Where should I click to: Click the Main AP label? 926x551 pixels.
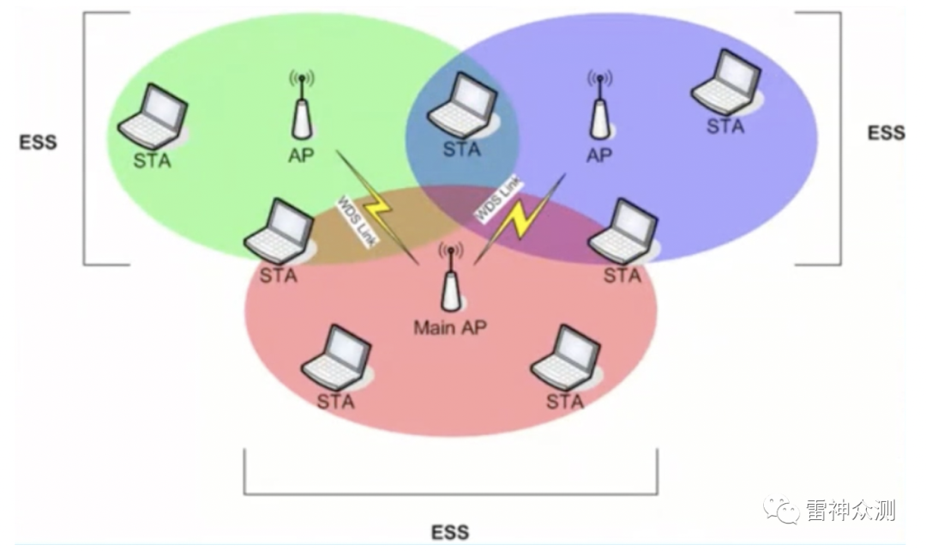point(448,327)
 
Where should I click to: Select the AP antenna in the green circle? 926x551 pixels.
point(300,108)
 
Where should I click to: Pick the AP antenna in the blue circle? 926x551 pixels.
point(599,108)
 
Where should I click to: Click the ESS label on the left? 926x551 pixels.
point(39,142)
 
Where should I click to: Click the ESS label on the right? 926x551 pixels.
point(886,133)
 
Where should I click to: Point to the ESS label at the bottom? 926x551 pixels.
point(451,532)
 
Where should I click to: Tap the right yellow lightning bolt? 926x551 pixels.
point(517,219)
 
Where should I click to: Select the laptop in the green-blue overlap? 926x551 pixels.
point(461,108)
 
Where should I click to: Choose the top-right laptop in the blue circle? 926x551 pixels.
point(727,84)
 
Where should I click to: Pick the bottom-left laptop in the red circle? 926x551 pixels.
point(337,357)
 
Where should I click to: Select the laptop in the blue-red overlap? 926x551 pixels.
point(622,233)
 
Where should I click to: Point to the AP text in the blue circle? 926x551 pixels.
point(599,155)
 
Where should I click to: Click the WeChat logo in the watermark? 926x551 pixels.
point(781,511)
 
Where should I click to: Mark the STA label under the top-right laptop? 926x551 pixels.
point(725,126)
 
